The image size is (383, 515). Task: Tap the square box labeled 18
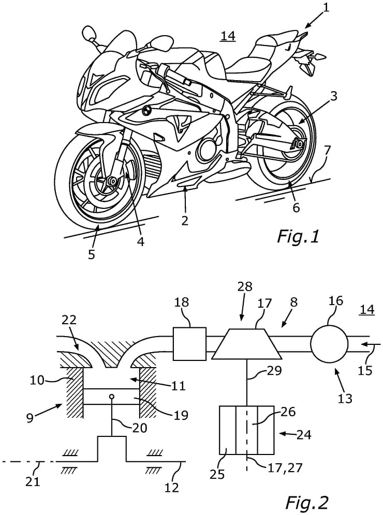[x=190, y=344]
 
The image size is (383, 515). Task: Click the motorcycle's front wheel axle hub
[x=111, y=181]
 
